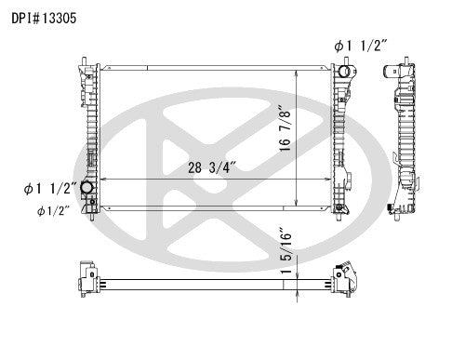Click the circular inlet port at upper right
pos(345,72)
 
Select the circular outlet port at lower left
pos(89,190)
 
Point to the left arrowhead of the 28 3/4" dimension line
pos(101,179)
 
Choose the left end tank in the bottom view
pos(87,278)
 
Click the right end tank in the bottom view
pos(343,278)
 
